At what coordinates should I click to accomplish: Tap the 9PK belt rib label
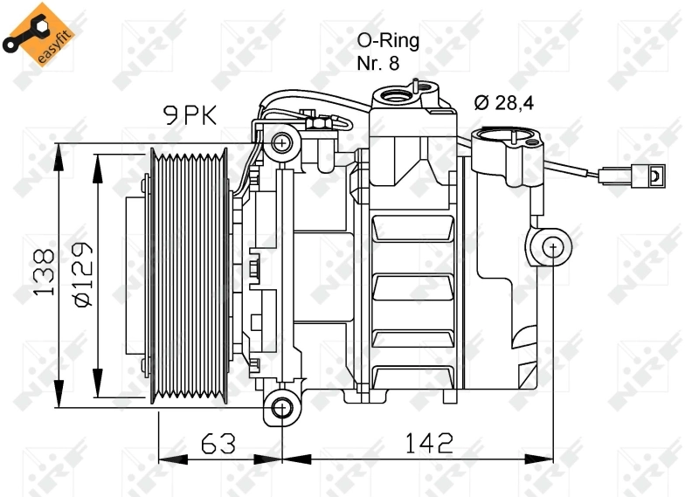coord(190,115)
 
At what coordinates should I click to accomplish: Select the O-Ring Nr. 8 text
coord(388,52)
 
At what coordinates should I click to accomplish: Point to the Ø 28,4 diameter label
coord(504,103)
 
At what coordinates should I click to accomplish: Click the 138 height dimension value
coord(45,272)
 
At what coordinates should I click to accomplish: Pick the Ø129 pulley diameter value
coord(83,274)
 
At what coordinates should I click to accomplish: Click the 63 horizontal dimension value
coord(218,444)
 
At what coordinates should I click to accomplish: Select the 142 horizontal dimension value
coord(428,443)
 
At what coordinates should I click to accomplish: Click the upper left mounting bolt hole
coord(281,143)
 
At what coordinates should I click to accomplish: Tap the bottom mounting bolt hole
coord(281,407)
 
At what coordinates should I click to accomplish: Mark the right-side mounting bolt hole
coord(553,246)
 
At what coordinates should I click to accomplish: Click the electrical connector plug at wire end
coord(633,176)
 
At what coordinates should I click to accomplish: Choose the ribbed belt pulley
coord(189,276)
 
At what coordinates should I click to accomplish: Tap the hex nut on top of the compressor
coord(319,122)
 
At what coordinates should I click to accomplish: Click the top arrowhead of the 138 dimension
coord(59,157)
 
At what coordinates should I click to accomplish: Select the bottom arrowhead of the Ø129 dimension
coord(97,383)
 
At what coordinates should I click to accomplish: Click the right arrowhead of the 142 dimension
coord(538,459)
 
